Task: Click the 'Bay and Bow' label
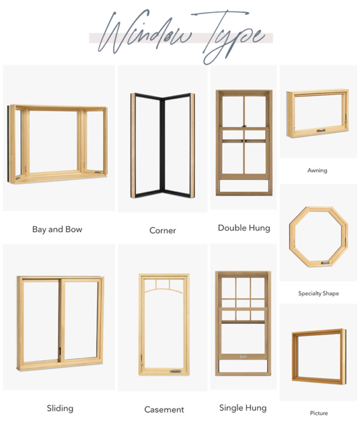(x=57, y=229)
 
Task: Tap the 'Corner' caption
(x=163, y=230)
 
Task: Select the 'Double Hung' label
(x=244, y=228)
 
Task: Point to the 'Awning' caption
(x=317, y=170)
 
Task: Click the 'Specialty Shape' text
(x=319, y=293)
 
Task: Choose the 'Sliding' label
(x=60, y=408)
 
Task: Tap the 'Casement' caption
(x=164, y=409)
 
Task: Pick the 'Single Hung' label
(x=243, y=408)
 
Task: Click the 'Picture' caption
(x=319, y=413)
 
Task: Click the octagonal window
(x=318, y=236)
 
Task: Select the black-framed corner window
(x=163, y=146)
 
